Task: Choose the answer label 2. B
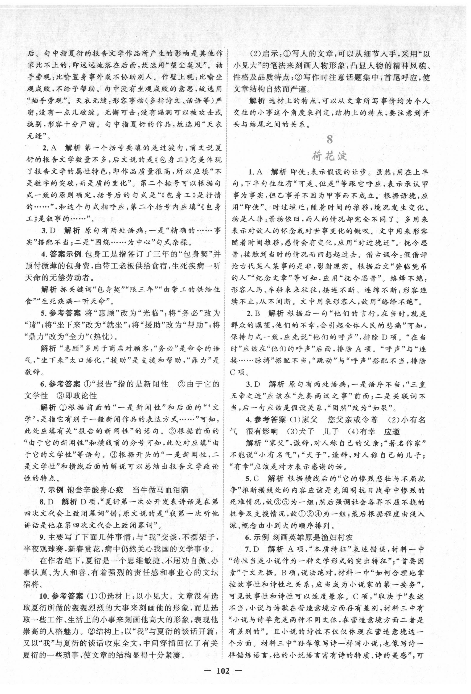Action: point(253,313)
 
